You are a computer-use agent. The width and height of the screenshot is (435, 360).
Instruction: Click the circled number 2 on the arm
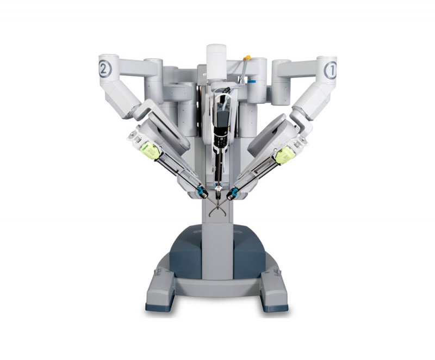tap(105, 70)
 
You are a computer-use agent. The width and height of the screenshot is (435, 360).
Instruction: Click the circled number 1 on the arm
tap(330, 70)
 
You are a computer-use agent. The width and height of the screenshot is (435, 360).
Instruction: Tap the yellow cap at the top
tap(247, 58)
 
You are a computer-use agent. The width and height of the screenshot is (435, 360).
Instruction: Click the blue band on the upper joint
tap(252, 82)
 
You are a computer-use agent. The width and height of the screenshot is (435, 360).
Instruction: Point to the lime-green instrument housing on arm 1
tap(284, 156)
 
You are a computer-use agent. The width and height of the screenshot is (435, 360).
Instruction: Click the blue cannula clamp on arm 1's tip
tap(233, 192)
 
